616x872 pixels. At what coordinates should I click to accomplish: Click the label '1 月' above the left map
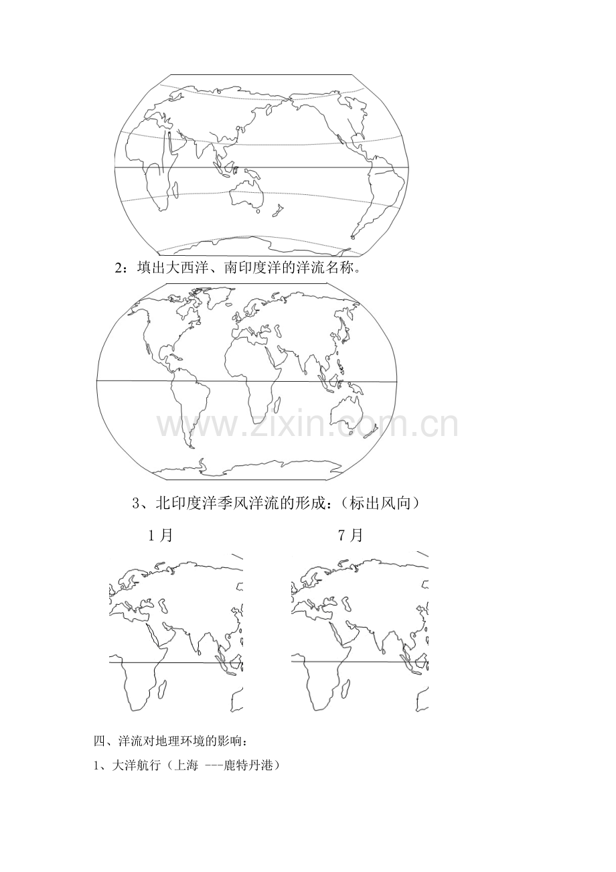(x=160, y=536)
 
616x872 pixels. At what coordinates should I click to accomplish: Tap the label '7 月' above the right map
(x=351, y=536)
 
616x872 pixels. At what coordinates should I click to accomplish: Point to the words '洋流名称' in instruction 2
(x=325, y=268)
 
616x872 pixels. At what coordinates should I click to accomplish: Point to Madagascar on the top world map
(x=175, y=191)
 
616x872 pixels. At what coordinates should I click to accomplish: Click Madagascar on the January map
(x=162, y=691)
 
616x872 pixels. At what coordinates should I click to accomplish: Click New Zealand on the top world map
(x=277, y=210)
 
